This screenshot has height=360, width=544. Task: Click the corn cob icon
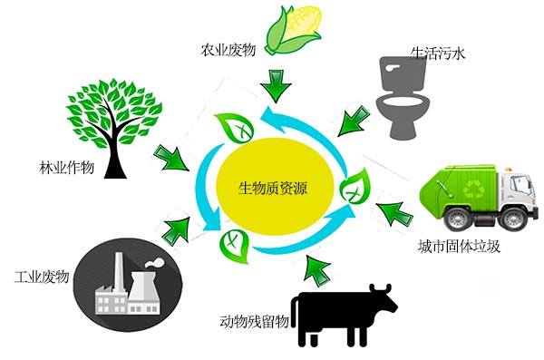coord(294,30)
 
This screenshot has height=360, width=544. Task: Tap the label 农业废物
coord(228,51)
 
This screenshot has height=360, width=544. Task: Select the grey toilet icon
coord(403,98)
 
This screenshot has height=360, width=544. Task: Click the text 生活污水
coord(438,54)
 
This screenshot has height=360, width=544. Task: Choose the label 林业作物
coord(66,168)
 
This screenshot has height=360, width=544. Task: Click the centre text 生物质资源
coord(273,189)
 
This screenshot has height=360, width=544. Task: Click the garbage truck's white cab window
coord(520,184)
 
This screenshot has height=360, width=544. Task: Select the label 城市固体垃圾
coord(459,247)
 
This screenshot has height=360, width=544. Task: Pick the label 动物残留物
coord(254,321)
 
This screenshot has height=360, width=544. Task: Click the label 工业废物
coord(42,277)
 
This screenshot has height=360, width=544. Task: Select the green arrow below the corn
coord(276,86)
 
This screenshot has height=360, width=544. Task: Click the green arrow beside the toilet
coord(354,122)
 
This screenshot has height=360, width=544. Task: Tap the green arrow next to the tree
coord(170,159)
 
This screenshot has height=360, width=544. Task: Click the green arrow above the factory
coord(177,230)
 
